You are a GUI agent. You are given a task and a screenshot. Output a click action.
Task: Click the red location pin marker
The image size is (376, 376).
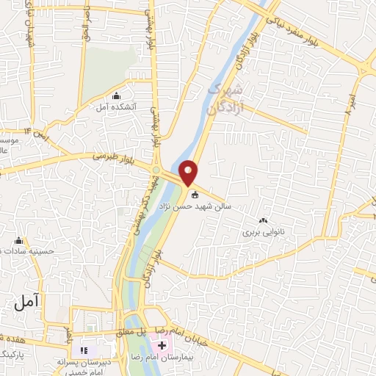[x=189, y=173]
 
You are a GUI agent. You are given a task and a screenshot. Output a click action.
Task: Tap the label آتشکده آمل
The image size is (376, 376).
[x=114, y=107]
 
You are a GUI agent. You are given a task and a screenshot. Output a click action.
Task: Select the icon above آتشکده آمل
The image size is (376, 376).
[x=115, y=95]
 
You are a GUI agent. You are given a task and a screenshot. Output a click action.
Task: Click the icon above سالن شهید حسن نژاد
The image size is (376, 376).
[x=195, y=195]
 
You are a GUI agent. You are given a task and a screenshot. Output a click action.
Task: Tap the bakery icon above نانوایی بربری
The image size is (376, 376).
[x=264, y=220]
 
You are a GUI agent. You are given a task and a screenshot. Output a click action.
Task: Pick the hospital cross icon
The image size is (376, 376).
[x=162, y=344]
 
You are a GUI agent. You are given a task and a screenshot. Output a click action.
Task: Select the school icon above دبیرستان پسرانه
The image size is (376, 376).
[x=83, y=350]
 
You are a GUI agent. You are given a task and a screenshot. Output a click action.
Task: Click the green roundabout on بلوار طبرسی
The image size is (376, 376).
[x=156, y=171]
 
